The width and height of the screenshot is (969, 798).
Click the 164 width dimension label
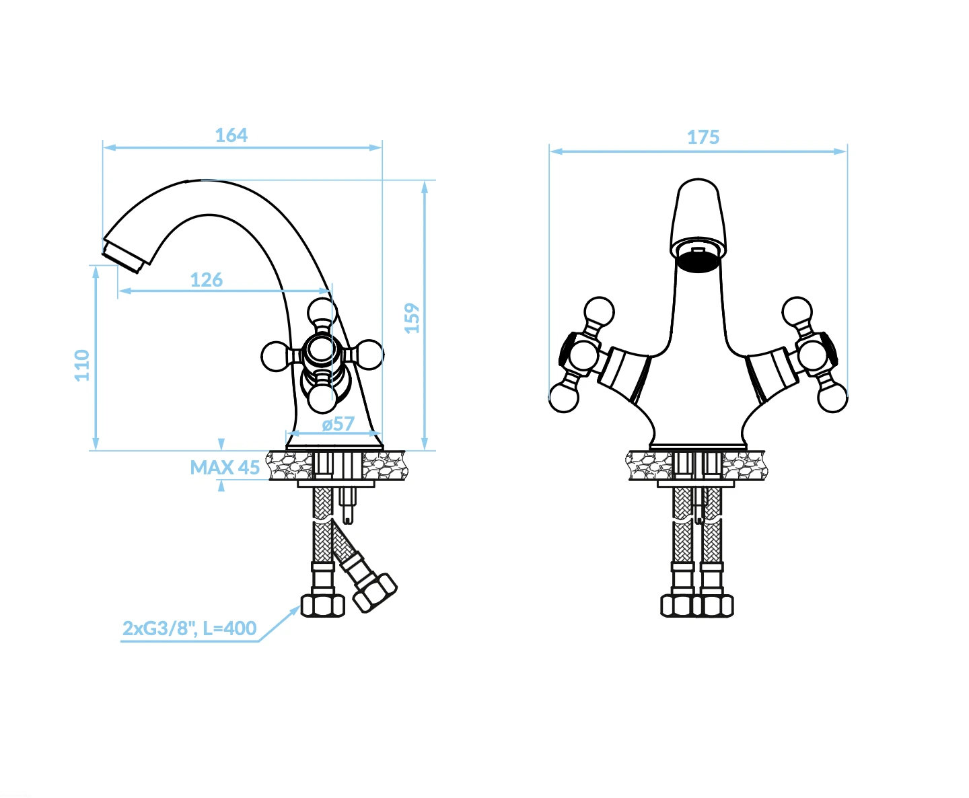click(231, 135)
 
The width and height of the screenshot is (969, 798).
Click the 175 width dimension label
click(703, 137)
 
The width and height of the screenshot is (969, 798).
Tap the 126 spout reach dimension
click(207, 280)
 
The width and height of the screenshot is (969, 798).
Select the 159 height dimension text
click(412, 318)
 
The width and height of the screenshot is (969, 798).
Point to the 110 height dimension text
click(82, 365)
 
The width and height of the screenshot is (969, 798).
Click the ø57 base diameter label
click(338, 424)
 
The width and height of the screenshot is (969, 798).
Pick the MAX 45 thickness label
click(225, 467)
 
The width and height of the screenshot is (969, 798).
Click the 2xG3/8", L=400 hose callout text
click(189, 628)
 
